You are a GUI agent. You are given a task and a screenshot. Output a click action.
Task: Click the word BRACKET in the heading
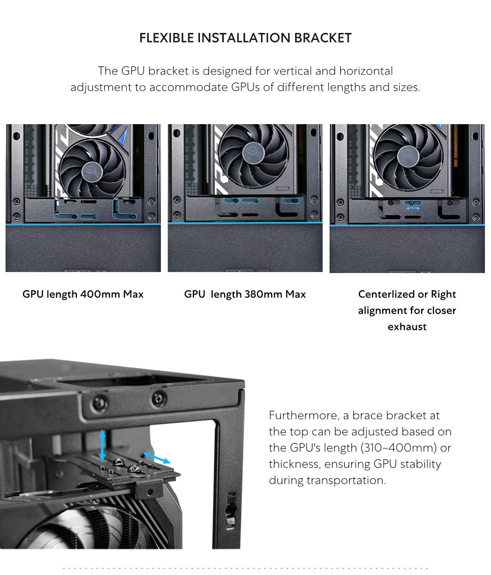click(x=322, y=38)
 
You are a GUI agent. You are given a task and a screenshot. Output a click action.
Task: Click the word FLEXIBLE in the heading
click(x=167, y=38)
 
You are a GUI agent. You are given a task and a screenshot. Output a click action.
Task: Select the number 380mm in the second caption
click(x=263, y=294)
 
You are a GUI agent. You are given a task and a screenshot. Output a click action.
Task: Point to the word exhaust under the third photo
click(x=407, y=327)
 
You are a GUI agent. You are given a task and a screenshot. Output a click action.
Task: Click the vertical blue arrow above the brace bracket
click(x=102, y=445)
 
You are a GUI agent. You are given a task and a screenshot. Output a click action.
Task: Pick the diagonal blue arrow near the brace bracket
click(x=156, y=457)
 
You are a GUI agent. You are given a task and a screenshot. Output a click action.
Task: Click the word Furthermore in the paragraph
click(x=304, y=415)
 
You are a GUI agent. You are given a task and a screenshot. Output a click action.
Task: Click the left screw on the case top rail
click(x=100, y=403)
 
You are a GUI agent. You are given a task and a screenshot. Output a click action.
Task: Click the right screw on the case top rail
click(x=159, y=398)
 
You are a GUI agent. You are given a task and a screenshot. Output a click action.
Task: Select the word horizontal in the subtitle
click(x=365, y=71)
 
